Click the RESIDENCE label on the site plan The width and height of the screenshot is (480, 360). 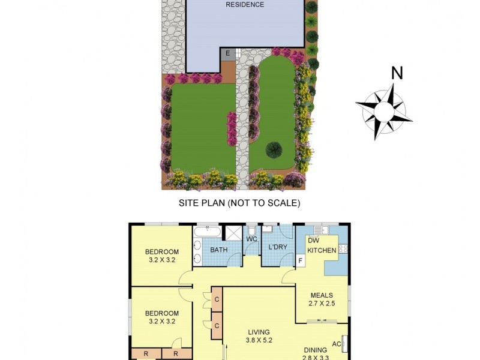click(x=245, y=5)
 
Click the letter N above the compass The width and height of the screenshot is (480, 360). click(x=397, y=73)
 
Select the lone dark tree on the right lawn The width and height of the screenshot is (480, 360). click(x=274, y=149)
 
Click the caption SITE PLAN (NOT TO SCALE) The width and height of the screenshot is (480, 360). click(x=239, y=203)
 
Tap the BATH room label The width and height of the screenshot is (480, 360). click(x=218, y=250)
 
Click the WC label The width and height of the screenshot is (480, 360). click(x=252, y=239)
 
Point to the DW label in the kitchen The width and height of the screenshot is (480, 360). click(x=313, y=241)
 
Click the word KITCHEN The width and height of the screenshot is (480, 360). click(x=322, y=250)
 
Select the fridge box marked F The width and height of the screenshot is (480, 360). click(x=300, y=261)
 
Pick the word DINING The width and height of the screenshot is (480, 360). click(x=315, y=350)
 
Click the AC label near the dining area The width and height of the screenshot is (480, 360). click(x=336, y=344)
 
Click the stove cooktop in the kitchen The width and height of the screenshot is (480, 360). click(x=344, y=248)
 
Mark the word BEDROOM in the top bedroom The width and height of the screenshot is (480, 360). click(x=162, y=251)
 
